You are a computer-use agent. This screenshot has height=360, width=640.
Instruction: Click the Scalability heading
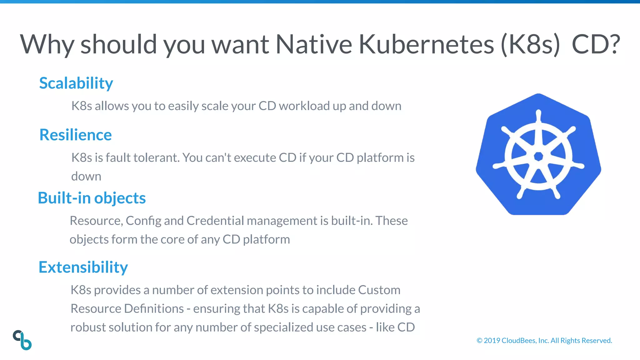pos(76,83)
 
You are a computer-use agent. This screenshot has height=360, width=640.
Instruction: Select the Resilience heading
pos(75,135)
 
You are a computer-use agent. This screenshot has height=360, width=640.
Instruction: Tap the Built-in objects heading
pos(92,198)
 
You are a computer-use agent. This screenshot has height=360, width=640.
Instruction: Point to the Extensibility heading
pos(83,267)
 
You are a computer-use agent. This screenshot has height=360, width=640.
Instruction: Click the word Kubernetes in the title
pos(426,44)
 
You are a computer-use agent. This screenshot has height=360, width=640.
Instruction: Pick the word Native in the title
pos(313,44)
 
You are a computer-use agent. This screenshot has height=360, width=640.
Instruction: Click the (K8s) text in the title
pos(530,44)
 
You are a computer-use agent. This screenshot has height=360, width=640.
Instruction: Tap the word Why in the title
pos(47,44)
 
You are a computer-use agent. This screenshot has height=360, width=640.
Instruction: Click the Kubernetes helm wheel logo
pos(538,154)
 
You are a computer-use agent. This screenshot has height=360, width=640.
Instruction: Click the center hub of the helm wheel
pos(538,156)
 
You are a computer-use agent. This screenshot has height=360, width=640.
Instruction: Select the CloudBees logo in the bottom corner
pos(22,340)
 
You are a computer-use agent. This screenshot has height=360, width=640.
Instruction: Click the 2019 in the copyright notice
pos(492,341)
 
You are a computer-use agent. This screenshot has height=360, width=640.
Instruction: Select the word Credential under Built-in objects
pos(215,221)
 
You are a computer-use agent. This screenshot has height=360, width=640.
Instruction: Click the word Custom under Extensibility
pos(379,290)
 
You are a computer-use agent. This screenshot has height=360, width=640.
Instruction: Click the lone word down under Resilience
pos(86,177)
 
